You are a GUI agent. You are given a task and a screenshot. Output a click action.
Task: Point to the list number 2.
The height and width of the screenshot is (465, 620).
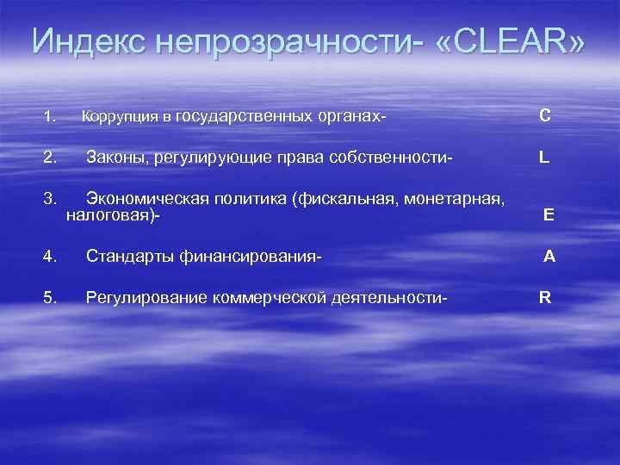[x=50, y=158]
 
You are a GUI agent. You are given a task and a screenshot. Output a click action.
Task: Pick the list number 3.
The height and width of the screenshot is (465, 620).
[x=50, y=200]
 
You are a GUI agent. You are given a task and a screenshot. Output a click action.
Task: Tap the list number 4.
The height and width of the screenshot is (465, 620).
[x=50, y=256]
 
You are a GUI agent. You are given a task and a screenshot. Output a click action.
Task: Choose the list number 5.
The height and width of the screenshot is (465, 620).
[x=50, y=298]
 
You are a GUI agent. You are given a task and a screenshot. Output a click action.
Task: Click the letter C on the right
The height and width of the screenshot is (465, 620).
[x=545, y=115]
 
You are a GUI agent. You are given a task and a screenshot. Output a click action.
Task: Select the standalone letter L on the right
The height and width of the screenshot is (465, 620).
[x=544, y=158]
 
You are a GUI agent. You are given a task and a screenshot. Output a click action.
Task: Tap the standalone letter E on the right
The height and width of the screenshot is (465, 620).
[x=549, y=216]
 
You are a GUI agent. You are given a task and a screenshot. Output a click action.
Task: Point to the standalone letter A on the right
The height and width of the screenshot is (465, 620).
[x=549, y=256]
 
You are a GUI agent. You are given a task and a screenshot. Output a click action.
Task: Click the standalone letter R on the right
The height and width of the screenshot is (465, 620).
[x=545, y=298]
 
